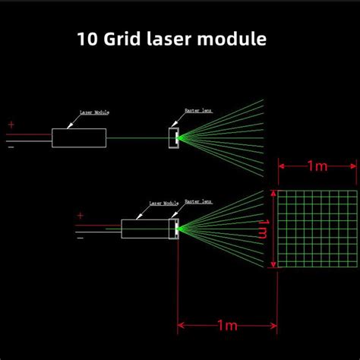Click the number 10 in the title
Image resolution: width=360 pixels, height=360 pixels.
(x=87, y=39)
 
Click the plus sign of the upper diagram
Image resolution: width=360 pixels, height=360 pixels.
(x=11, y=125)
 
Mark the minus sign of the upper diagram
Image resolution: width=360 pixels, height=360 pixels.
(x=11, y=147)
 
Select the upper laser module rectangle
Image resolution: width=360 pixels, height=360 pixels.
(x=79, y=137)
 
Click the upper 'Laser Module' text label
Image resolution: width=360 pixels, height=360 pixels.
(x=94, y=112)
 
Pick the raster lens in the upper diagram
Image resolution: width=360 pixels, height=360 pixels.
(x=175, y=137)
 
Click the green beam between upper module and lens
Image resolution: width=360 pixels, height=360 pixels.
(x=137, y=137)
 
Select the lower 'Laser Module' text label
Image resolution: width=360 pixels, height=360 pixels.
(x=163, y=204)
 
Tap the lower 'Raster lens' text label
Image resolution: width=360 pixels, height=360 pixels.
(x=198, y=203)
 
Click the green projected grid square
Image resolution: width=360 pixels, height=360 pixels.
(x=314, y=228)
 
